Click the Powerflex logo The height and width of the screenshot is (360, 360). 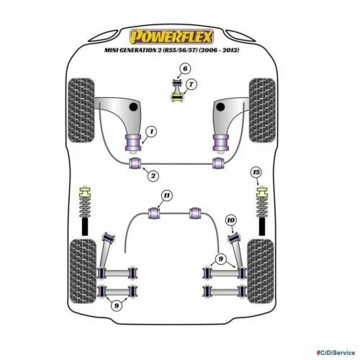[x=179, y=34]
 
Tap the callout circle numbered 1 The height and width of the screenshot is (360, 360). [x=150, y=131]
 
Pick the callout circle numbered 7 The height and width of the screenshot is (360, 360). [x=190, y=85]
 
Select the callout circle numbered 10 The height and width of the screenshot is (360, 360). [x=230, y=219]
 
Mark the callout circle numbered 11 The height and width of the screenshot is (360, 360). [x=166, y=196]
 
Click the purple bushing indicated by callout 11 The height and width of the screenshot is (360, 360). [x=153, y=212]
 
